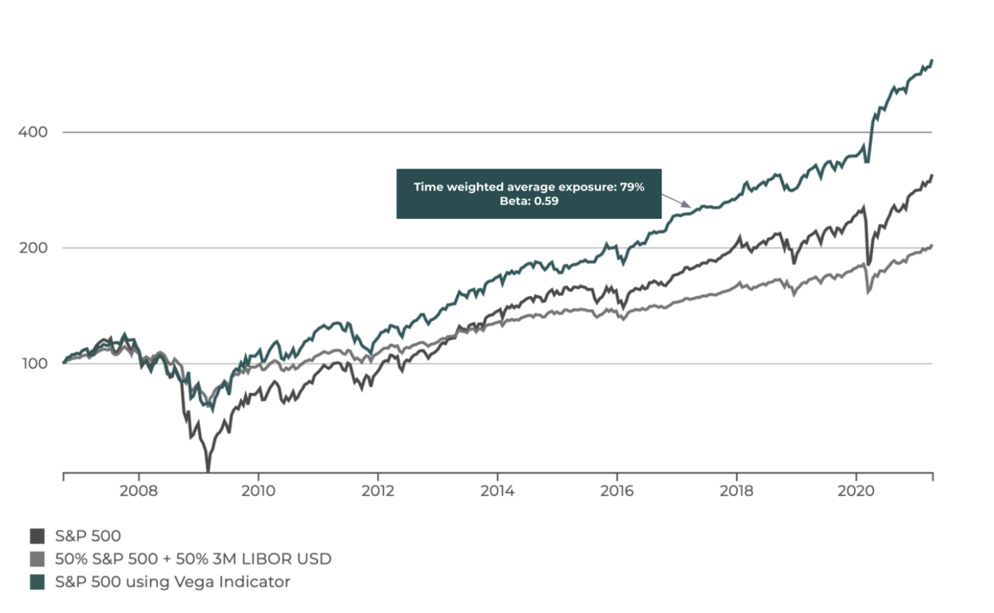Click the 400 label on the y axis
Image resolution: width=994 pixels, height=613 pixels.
pyautogui.click(x=33, y=132)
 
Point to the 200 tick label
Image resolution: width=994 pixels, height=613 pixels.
pyautogui.click(x=33, y=248)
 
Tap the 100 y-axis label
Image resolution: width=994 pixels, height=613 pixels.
pyautogui.click(x=34, y=364)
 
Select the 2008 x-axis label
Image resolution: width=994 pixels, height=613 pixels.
pyautogui.click(x=138, y=491)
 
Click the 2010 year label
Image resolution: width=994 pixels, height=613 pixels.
pyautogui.click(x=258, y=491)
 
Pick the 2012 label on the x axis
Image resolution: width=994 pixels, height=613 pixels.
pyautogui.click(x=378, y=491)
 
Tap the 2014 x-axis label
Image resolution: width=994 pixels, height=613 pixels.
pyautogui.click(x=497, y=491)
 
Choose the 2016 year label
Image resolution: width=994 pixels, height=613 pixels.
pyautogui.click(x=617, y=491)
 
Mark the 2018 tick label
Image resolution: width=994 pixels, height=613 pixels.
pyautogui.click(x=737, y=491)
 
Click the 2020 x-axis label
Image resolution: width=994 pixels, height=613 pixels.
pyautogui.click(x=856, y=491)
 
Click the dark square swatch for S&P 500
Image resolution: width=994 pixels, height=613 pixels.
pyautogui.click(x=37, y=536)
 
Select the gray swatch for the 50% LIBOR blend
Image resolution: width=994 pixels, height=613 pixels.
pyautogui.click(x=37, y=559)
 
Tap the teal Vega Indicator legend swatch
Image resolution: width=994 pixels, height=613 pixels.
pyautogui.click(x=37, y=582)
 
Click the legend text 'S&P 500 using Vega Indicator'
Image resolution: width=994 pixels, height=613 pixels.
pyautogui.click(x=172, y=582)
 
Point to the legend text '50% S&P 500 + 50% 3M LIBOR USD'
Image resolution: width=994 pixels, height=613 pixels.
pyautogui.click(x=193, y=559)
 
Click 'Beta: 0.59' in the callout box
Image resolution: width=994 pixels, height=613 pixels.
pyautogui.click(x=529, y=202)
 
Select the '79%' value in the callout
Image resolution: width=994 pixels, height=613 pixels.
pyautogui.click(x=632, y=187)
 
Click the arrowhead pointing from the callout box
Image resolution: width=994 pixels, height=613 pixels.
pyautogui.click(x=689, y=205)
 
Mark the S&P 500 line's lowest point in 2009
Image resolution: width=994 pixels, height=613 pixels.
pyautogui.click(x=208, y=470)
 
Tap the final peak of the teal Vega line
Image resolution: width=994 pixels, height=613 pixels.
pyautogui.click(x=932, y=61)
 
